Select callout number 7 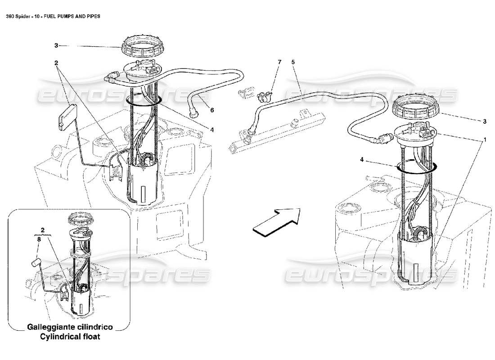point(279,61)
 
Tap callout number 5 point(292,61)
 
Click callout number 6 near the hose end point(212,109)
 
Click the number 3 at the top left point(56,45)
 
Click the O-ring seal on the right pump point(417,168)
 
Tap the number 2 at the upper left point(56,63)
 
